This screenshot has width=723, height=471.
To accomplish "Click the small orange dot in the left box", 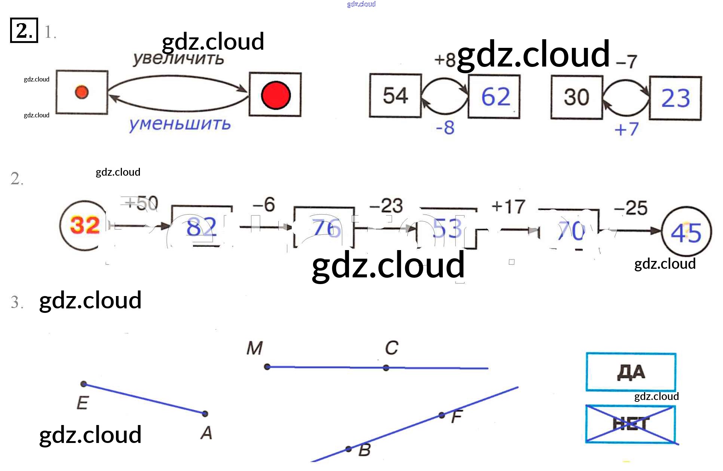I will pyautogui.click(x=82, y=92).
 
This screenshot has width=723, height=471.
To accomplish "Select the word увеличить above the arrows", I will pyautogui.click(x=178, y=59).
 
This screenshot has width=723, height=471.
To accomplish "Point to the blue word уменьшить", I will pyautogui.click(x=180, y=124).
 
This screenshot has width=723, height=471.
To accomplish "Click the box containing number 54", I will pyautogui.click(x=395, y=96).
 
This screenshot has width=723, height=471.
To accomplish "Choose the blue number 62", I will pyautogui.click(x=495, y=97).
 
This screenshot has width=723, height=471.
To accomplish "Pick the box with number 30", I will pyautogui.click(x=576, y=97).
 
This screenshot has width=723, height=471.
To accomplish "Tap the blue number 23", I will pyautogui.click(x=675, y=98).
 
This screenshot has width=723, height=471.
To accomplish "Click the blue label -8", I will pyautogui.click(x=445, y=127).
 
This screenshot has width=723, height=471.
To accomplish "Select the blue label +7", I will pyautogui.click(x=627, y=129).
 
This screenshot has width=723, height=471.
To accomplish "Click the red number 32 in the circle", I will pyautogui.click(x=85, y=225).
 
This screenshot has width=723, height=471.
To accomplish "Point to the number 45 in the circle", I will pyautogui.click(x=686, y=233).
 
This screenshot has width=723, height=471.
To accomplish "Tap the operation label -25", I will pyautogui.click(x=631, y=208).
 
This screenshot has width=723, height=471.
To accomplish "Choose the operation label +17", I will pyautogui.click(x=508, y=206).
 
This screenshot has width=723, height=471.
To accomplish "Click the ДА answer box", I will pyautogui.click(x=631, y=372).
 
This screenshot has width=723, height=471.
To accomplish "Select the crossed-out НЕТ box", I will pyautogui.click(x=631, y=424).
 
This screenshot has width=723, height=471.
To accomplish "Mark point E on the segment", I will pyautogui.click(x=84, y=384).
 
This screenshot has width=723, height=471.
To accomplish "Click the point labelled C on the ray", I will pyautogui.click(x=386, y=368).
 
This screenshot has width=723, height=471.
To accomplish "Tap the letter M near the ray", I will pyautogui.click(x=254, y=348).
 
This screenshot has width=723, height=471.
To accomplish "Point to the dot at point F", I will pyautogui.click(x=442, y=415).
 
